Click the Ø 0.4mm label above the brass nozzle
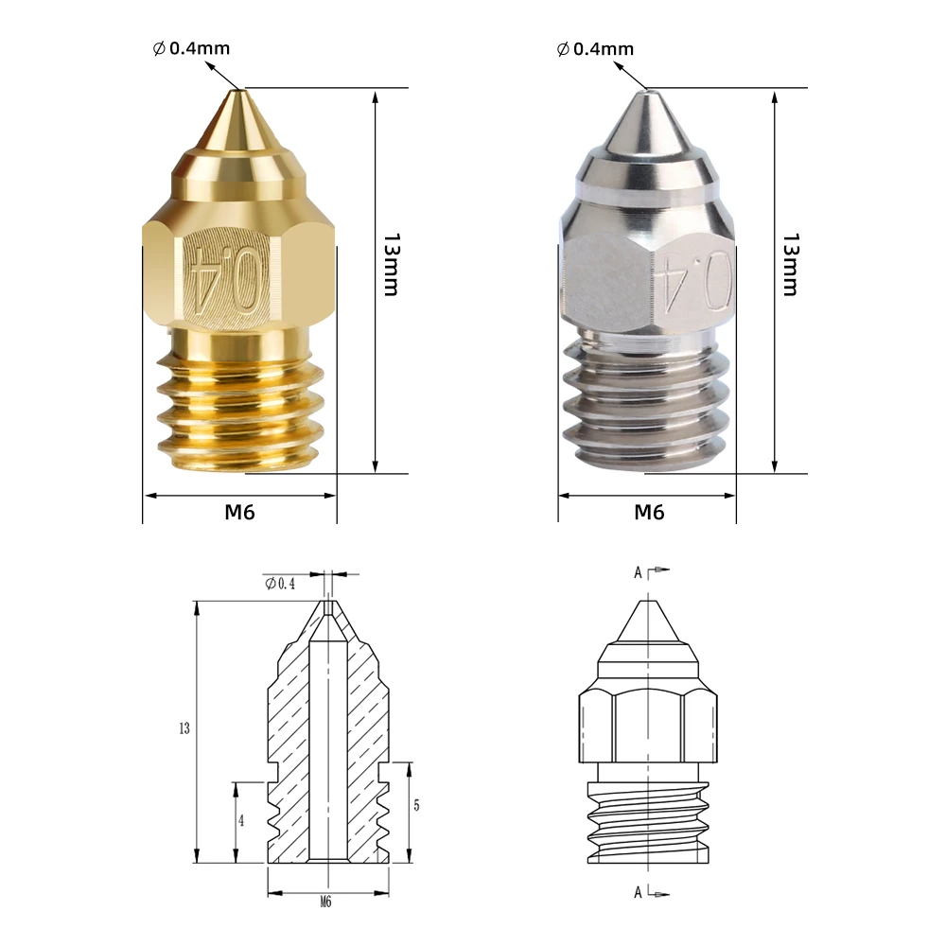[191, 48]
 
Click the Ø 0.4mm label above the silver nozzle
[595, 49]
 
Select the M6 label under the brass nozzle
[239, 512]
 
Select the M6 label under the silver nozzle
[649, 512]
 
